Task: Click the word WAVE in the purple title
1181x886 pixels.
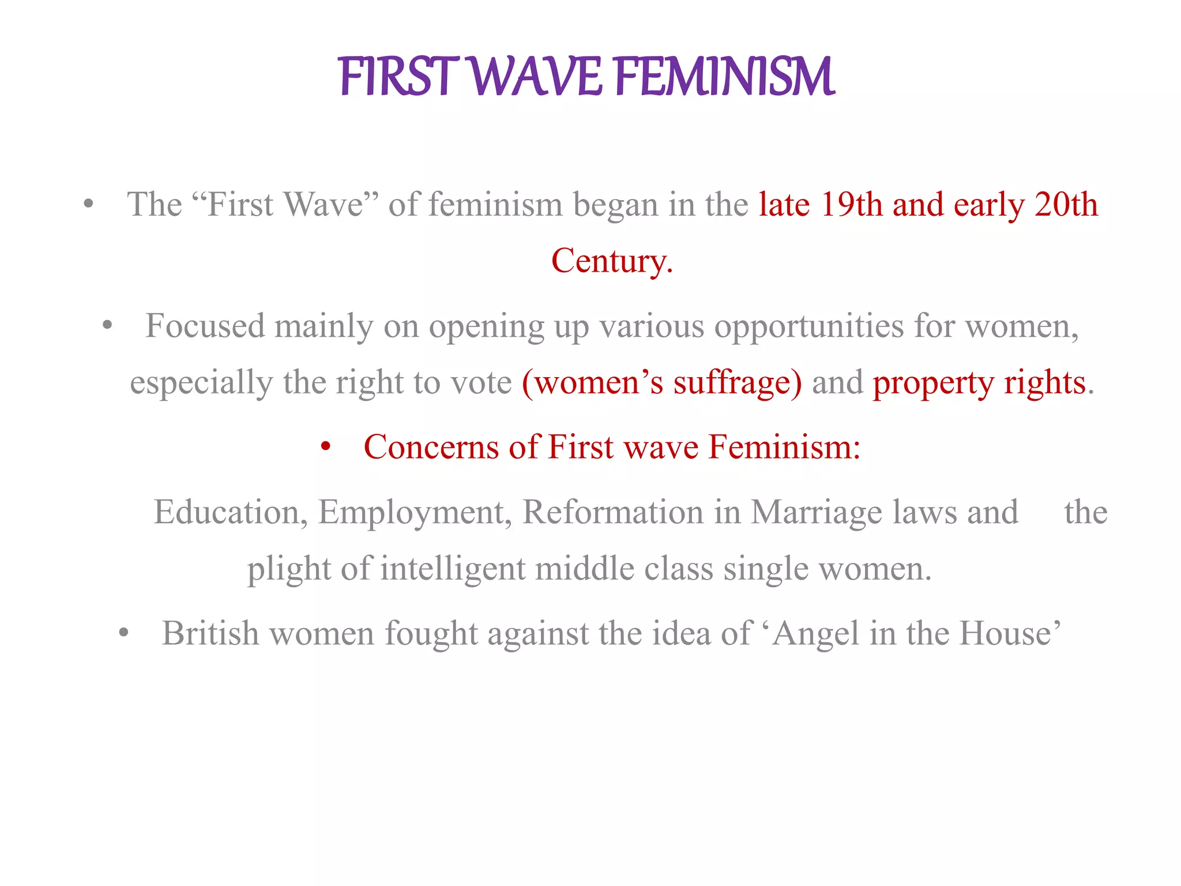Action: (x=537, y=76)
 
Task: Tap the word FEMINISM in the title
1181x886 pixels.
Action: (x=725, y=76)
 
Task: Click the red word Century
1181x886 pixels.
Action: (x=610, y=261)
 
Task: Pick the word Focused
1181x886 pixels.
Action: (x=205, y=326)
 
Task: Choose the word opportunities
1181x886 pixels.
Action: (x=809, y=327)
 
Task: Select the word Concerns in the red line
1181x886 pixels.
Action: (x=431, y=447)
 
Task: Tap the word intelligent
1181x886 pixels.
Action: (x=453, y=569)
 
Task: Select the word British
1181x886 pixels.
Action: (x=210, y=633)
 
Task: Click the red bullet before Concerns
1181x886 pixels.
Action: (x=326, y=447)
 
